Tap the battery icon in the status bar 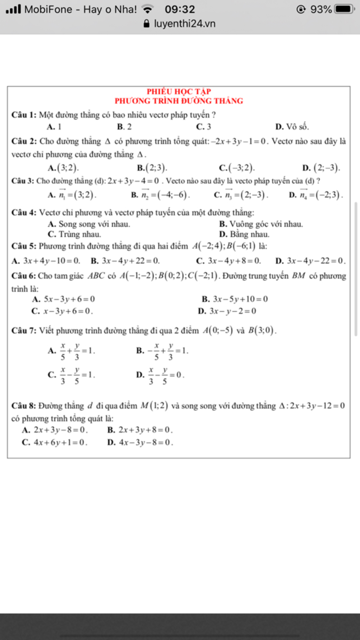(x=344, y=9)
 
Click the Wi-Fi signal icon (x=148, y=9)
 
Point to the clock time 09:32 (x=180, y=9)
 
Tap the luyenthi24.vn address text (x=185, y=24)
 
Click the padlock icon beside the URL (x=147, y=24)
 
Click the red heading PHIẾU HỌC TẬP (x=179, y=91)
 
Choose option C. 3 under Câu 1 (x=204, y=127)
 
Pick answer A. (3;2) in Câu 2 (x=63, y=168)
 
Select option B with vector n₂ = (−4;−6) (x=160, y=195)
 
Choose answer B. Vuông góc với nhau (x=261, y=224)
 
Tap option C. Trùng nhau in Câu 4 (x=74, y=234)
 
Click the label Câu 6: (x=24, y=276)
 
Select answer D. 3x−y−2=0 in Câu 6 (x=227, y=311)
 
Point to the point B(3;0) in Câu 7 (x=262, y=331)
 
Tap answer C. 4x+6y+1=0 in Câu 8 (x=54, y=442)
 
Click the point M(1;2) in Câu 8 (x=154, y=406)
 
